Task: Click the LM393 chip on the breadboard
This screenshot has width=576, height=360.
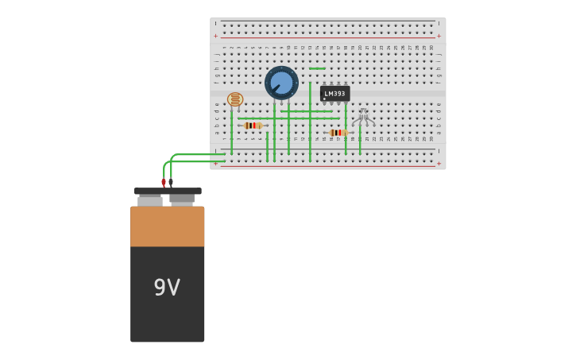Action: tap(334, 94)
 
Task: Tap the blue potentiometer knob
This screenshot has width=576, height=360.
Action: tap(281, 83)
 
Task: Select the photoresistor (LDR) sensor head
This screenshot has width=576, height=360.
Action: tap(235, 99)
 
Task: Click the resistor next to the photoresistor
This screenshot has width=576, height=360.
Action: tap(253, 126)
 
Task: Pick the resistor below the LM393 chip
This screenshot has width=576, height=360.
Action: tap(338, 133)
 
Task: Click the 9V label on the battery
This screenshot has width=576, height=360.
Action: tap(167, 288)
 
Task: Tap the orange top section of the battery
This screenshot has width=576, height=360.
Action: tap(168, 226)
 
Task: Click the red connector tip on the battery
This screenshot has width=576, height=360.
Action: tap(164, 183)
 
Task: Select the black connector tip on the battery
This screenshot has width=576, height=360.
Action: tap(171, 182)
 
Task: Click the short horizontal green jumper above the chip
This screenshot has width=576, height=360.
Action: tap(317, 69)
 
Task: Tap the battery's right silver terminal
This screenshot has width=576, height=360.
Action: tap(182, 199)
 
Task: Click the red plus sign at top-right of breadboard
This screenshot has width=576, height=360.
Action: tap(439, 36)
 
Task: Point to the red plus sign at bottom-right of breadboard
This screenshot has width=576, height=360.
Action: tap(439, 164)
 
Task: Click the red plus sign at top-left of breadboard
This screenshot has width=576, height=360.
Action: tap(215, 36)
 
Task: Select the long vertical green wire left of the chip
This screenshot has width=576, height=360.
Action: tap(310, 119)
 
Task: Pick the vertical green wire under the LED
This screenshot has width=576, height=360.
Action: tap(359, 141)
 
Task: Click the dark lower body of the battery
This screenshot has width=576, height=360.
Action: tap(168, 310)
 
